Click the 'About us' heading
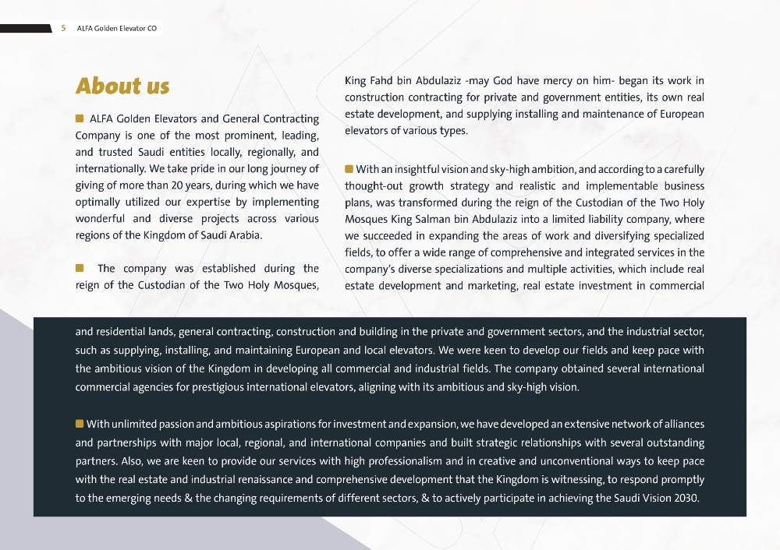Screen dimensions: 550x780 click(122, 86)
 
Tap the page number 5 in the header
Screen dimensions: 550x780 click(63, 29)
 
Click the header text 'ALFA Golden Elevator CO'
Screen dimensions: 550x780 click(117, 29)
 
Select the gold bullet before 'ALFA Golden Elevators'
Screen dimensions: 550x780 click(80, 118)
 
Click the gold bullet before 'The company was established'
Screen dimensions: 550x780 click(80, 268)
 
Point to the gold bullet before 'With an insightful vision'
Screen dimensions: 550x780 click(349, 169)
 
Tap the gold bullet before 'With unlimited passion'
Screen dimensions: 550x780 click(79, 424)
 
